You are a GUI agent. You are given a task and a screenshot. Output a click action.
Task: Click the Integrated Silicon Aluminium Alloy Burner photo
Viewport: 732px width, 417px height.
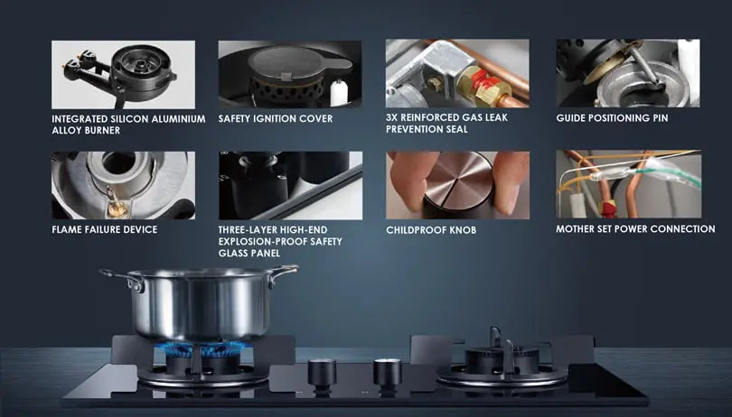[123, 75]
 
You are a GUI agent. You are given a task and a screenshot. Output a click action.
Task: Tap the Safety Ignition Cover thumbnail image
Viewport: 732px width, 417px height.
[290, 74]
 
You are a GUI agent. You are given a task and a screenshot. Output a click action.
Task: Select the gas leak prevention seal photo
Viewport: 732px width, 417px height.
[457, 73]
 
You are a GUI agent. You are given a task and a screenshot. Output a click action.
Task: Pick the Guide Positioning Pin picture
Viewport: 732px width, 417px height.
[628, 73]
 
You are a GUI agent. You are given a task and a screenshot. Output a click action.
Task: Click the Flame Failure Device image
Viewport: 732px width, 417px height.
[123, 185]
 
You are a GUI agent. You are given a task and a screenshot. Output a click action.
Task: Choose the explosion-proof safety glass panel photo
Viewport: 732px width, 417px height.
[290, 185]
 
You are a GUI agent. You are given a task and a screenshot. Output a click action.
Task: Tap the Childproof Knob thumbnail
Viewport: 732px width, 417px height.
[457, 185]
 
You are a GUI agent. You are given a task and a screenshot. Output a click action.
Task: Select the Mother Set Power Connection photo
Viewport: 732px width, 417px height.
[628, 184]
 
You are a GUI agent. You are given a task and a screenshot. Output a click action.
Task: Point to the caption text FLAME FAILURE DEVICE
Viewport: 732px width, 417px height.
[105, 229]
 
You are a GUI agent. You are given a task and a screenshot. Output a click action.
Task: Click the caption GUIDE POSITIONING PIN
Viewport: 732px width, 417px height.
[612, 118]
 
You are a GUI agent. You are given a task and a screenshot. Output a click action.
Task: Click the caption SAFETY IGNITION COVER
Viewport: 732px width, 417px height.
[276, 118]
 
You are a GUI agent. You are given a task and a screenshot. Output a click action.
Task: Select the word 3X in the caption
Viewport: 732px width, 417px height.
[392, 117]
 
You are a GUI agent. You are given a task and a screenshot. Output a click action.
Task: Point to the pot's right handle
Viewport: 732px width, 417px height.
[283, 274]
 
